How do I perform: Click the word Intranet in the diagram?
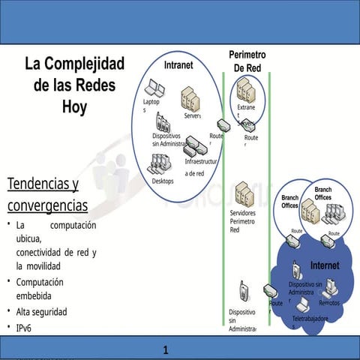pyautogui.click(x=178, y=64)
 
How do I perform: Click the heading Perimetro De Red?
pyautogui.click(x=247, y=61)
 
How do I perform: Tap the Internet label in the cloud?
pyautogui.click(x=325, y=265)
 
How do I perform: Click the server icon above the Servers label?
pyautogui.click(x=190, y=98)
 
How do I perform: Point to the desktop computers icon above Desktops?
pyautogui.click(x=160, y=164)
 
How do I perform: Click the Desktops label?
pyautogui.click(x=163, y=181)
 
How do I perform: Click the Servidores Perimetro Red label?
pyautogui.click(x=242, y=221)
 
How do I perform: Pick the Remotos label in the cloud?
pyautogui.click(x=328, y=303)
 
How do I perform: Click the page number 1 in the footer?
pyautogui.click(x=166, y=349)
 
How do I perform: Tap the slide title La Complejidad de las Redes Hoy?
pyautogui.click(x=74, y=85)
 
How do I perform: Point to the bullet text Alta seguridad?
pyautogui.click(x=41, y=311)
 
